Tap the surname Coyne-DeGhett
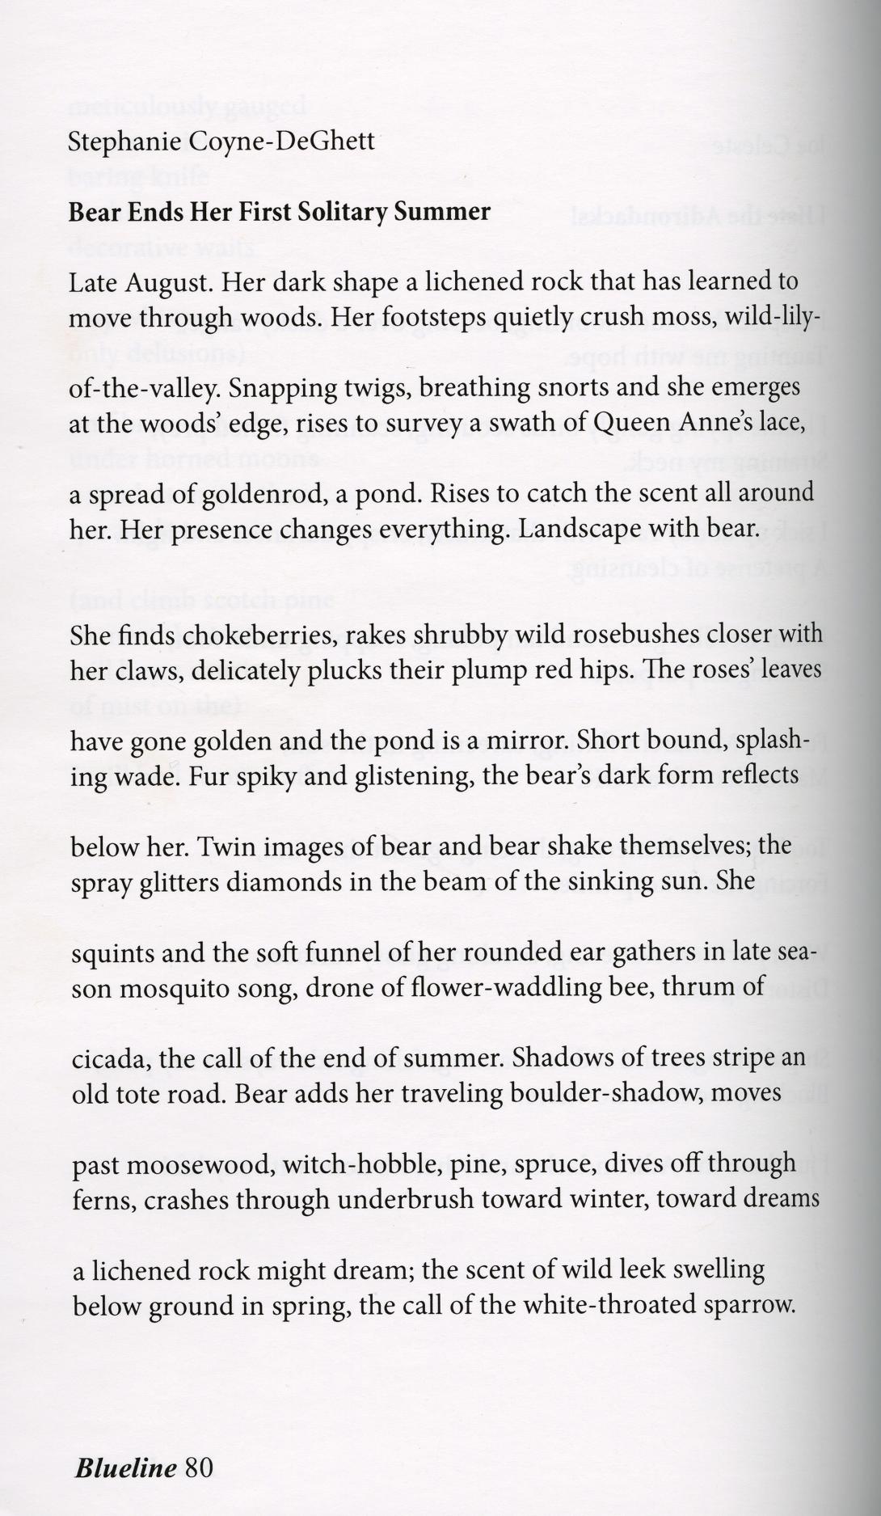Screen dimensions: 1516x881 click(x=282, y=142)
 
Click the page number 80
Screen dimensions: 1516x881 click(x=199, y=1444)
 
